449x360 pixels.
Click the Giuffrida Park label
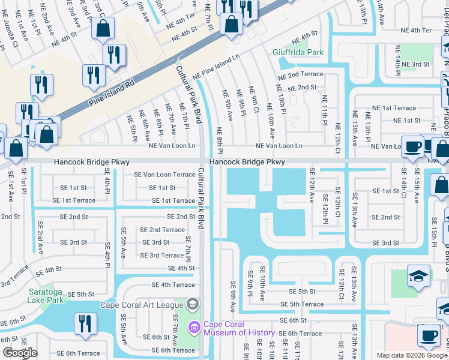point(298,53)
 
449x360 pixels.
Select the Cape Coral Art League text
point(142,304)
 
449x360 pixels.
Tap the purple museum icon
point(194,328)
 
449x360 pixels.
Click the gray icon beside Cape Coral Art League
point(192,304)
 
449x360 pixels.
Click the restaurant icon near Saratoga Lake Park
point(86,323)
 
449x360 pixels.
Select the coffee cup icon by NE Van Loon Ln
point(412,147)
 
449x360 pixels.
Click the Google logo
point(20,353)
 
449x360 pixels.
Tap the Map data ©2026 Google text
point(412,355)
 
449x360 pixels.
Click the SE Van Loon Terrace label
point(164,175)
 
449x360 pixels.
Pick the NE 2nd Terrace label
point(300,75)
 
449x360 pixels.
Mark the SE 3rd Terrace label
point(161,256)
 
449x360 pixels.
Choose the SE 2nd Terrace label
point(162,230)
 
